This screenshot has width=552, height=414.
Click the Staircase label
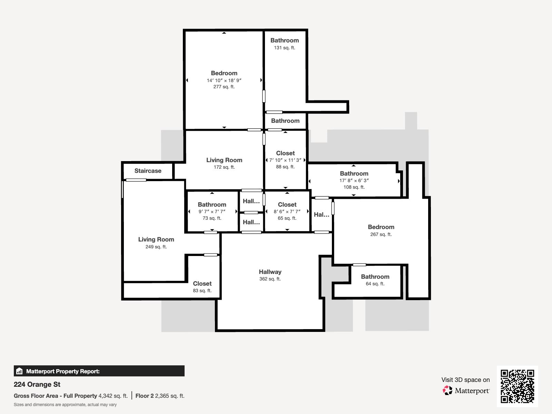click(x=148, y=171)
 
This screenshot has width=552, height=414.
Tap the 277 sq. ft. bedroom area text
click(x=224, y=87)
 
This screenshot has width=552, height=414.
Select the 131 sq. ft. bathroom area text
click(x=284, y=48)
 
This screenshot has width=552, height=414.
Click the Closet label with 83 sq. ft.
click(x=202, y=284)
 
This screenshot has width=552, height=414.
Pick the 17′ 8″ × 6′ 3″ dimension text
click(x=354, y=180)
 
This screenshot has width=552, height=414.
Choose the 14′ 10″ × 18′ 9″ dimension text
click(x=224, y=80)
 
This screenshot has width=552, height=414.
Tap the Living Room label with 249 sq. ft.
click(x=156, y=239)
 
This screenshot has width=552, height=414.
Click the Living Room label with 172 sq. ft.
click(x=224, y=160)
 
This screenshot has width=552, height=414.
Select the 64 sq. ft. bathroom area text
click(x=375, y=284)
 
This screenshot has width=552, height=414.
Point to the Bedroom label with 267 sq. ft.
click(x=381, y=227)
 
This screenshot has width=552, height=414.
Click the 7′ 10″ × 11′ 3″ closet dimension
click(x=285, y=160)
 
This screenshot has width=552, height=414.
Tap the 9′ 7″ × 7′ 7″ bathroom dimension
click(x=212, y=211)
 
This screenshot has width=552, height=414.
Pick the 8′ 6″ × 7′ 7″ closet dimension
click(x=287, y=211)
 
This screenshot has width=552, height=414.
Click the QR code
click(x=517, y=386)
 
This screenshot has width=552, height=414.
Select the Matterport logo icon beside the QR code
click(x=447, y=391)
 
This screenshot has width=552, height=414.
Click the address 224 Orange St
click(x=37, y=384)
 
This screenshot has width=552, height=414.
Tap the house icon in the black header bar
click(x=19, y=371)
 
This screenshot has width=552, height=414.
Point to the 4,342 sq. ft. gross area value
click(x=113, y=396)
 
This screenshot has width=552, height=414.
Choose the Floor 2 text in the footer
click(x=144, y=396)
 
